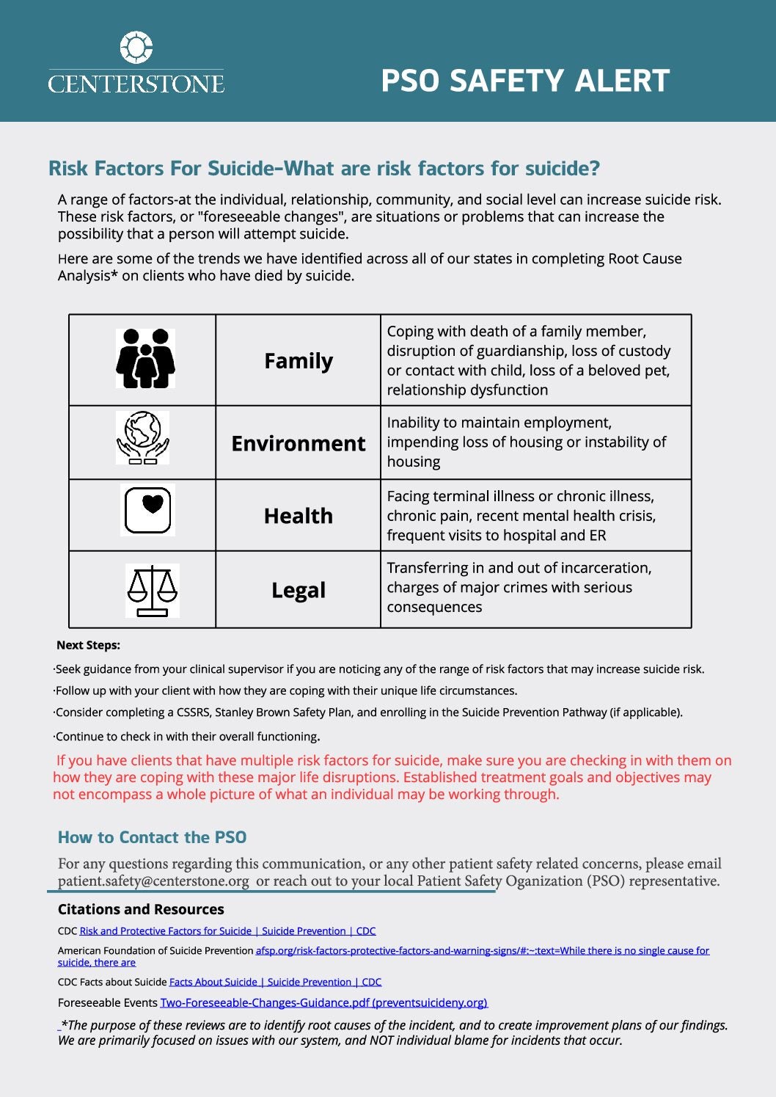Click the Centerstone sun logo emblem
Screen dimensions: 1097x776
(x=136, y=48)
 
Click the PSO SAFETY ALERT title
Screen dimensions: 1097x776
(x=525, y=81)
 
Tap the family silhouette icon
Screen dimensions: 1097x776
(x=145, y=358)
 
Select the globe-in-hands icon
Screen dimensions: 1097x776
(x=142, y=437)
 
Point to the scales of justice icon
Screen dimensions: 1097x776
(x=152, y=590)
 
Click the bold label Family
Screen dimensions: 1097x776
(x=298, y=361)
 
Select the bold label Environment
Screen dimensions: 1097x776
(x=298, y=443)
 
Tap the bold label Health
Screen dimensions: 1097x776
(x=298, y=516)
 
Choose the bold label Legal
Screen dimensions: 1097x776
(x=298, y=590)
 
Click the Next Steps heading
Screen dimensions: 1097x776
(x=88, y=645)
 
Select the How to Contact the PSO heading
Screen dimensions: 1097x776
(x=152, y=837)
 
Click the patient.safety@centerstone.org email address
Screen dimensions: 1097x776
(x=153, y=881)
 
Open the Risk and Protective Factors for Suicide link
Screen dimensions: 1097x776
(x=227, y=931)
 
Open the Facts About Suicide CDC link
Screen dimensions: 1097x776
(x=275, y=982)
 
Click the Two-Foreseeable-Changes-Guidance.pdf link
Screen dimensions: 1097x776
(x=323, y=1002)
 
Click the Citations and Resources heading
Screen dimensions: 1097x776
(x=141, y=909)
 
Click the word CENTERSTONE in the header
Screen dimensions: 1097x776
(x=136, y=84)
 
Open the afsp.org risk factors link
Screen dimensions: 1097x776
(x=482, y=950)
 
